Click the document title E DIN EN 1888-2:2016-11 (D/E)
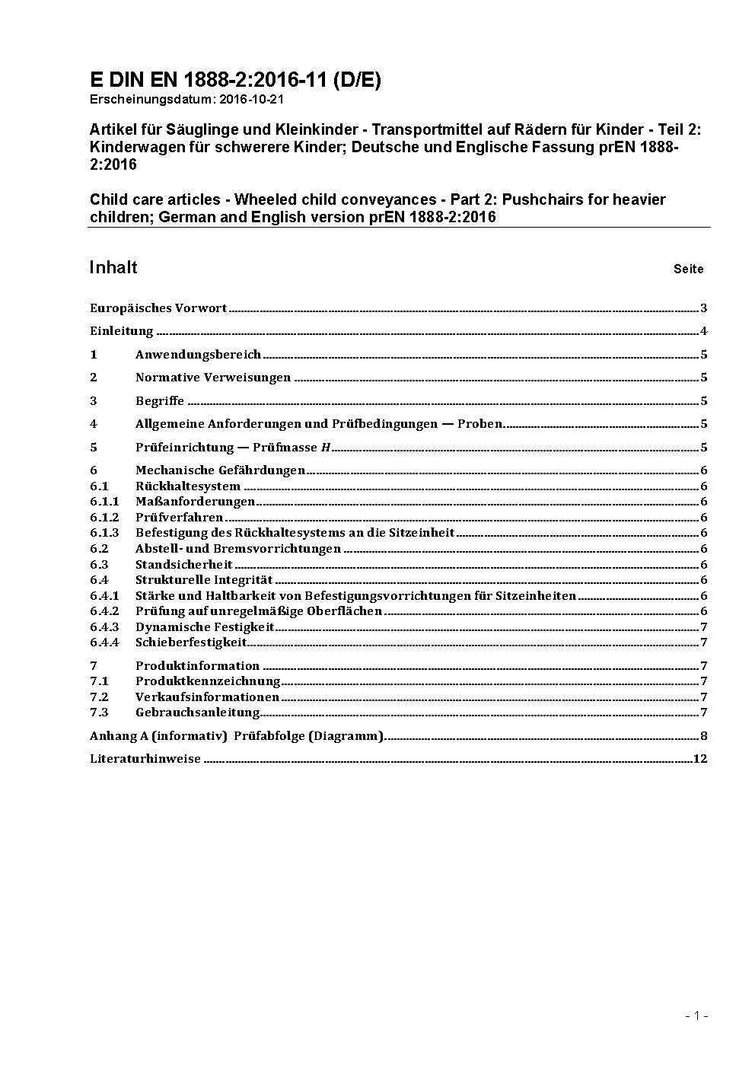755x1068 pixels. (x=235, y=80)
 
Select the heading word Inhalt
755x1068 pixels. (x=113, y=267)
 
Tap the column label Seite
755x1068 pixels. (x=688, y=269)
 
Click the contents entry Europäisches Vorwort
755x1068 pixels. (x=158, y=308)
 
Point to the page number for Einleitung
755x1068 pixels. (x=704, y=331)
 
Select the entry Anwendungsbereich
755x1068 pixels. (x=198, y=355)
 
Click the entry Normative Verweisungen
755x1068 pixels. (x=213, y=378)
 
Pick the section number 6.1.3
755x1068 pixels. (x=104, y=533)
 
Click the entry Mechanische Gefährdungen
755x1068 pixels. (x=220, y=470)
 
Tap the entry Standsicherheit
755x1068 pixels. (x=183, y=565)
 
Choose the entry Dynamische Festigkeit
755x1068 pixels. (x=205, y=627)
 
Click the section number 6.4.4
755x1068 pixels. (x=104, y=642)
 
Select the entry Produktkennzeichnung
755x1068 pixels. (x=208, y=681)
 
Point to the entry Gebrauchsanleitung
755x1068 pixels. (x=198, y=713)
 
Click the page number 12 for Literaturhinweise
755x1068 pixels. (x=700, y=759)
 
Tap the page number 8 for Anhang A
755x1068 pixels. (x=704, y=736)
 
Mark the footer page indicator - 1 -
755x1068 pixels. (x=696, y=1015)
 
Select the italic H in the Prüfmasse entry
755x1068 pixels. (x=325, y=448)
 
